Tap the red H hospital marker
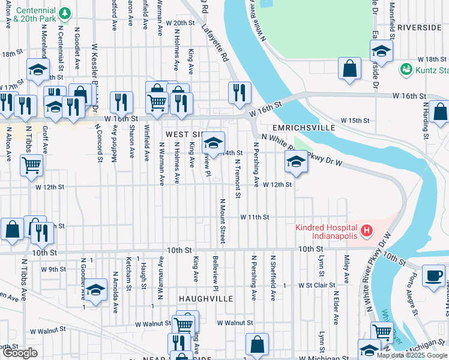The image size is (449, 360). coord(366,230)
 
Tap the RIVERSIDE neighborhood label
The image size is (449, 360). coord(419,28)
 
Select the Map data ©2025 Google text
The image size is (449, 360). coord(411,355)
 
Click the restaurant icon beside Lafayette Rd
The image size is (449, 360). coord(239,92)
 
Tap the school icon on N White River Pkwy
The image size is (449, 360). coord(295,161)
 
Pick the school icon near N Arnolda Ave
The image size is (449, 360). coord(95,290)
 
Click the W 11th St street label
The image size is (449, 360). coord(255,217)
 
